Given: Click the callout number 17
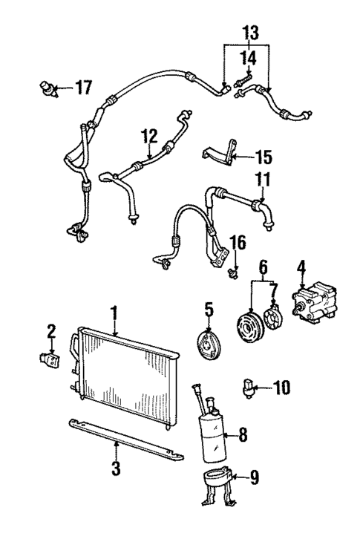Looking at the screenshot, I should coord(83,88).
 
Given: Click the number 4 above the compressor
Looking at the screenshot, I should coord(301,267).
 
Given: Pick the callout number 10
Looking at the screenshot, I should coord(282,387).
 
